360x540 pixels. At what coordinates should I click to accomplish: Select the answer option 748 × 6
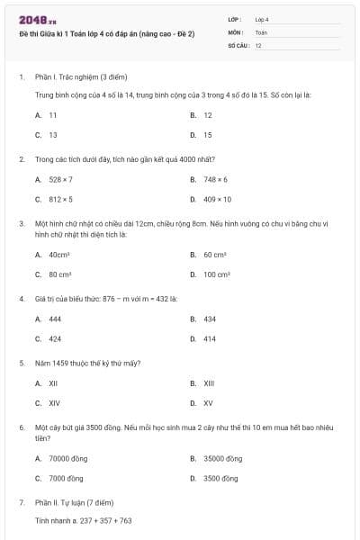tap(215, 179)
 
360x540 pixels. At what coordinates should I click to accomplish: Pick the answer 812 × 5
tap(60, 199)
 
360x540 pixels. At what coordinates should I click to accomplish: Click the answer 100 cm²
tap(217, 274)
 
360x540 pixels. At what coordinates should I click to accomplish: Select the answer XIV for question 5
tap(54, 403)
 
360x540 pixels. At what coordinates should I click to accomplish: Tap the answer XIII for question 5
tap(209, 383)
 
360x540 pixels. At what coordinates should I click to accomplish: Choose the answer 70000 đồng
tap(68, 458)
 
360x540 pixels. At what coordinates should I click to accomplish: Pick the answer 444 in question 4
tap(55, 319)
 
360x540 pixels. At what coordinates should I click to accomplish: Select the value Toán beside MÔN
tap(261, 31)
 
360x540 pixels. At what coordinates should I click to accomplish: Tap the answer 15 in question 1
tap(208, 135)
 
